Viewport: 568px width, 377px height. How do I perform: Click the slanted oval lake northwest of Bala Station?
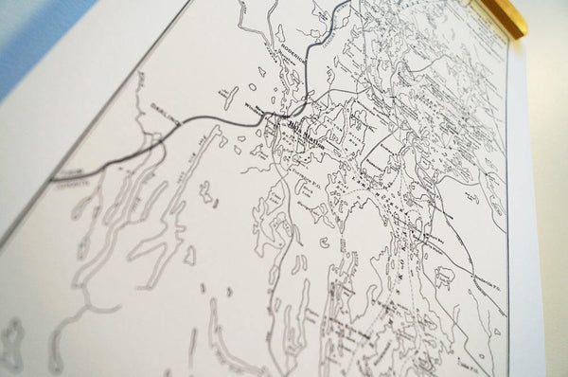[x=230, y=96]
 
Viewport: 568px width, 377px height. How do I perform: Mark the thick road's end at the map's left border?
[x=52, y=178]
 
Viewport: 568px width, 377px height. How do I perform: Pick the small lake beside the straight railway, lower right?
[x=444, y=277]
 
